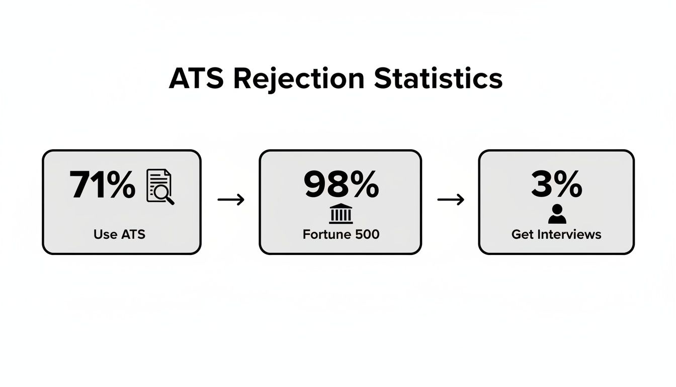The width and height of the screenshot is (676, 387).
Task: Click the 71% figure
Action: (103, 185)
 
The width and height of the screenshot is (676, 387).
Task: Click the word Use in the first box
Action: (105, 234)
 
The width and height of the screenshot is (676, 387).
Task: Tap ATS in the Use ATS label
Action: (132, 234)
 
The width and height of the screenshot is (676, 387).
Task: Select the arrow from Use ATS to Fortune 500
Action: (231, 200)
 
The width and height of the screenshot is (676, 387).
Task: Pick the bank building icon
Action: (341, 214)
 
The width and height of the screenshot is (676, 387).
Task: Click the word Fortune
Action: (323, 234)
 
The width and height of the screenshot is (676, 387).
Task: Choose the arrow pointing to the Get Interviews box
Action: (451, 200)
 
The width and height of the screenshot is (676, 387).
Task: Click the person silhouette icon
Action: (557, 214)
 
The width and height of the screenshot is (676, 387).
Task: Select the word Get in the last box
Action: (523, 234)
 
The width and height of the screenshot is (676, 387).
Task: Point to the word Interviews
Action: (568, 234)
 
